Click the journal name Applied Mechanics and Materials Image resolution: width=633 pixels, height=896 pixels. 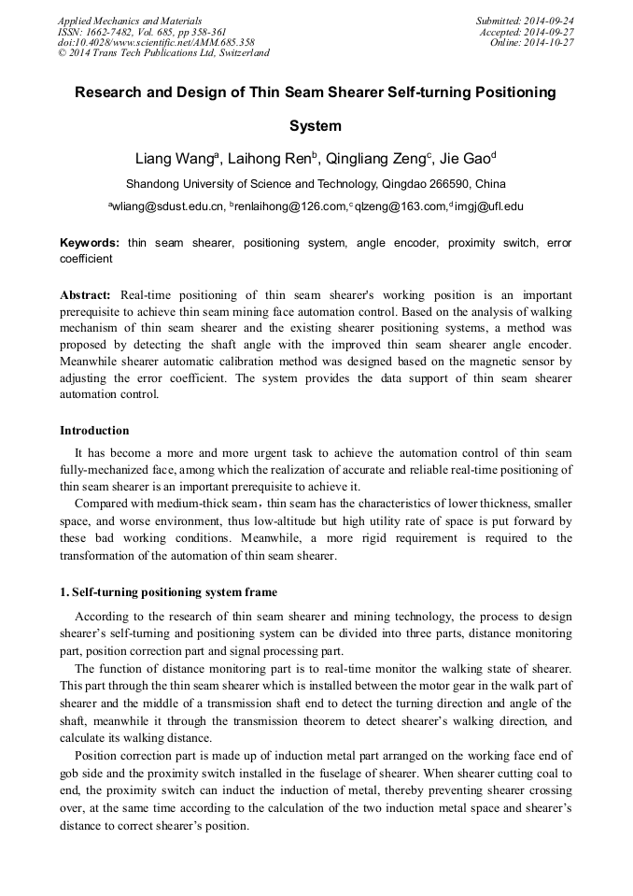(130, 21)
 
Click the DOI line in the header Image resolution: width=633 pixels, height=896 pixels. (156, 43)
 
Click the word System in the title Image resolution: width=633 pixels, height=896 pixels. (316, 125)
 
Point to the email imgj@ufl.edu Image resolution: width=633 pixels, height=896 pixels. (489, 206)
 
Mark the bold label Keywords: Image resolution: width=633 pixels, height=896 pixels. (90, 243)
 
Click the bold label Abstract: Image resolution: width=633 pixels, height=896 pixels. (86, 292)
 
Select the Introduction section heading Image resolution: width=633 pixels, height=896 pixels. (94, 431)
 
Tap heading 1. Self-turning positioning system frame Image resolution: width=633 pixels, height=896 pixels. (168, 592)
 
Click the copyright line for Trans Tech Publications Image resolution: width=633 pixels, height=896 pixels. (163, 53)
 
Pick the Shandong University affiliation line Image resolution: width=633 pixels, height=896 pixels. (316, 183)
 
